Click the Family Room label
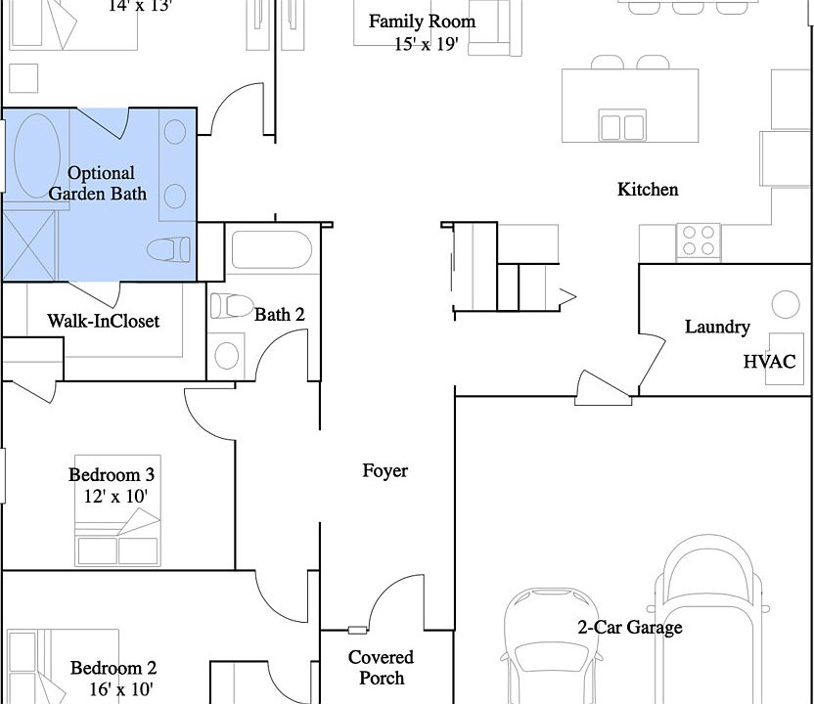(422, 22)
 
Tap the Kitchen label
(648, 190)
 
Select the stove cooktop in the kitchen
(699, 241)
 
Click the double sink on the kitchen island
(622, 125)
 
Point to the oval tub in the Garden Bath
(37, 156)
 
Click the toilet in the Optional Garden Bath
(168, 249)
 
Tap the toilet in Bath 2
(232, 306)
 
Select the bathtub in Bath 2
(272, 250)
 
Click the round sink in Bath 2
(227, 356)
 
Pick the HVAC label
(769, 362)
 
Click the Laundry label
(717, 327)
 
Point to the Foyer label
(385, 471)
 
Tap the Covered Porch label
(381, 668)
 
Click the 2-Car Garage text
(630, 627)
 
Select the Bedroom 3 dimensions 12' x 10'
(115, 497)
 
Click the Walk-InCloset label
(104, 321)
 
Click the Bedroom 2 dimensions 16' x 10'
(121, 689)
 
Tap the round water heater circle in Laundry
(786, 304)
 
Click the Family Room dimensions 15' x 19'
(426, 44)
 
